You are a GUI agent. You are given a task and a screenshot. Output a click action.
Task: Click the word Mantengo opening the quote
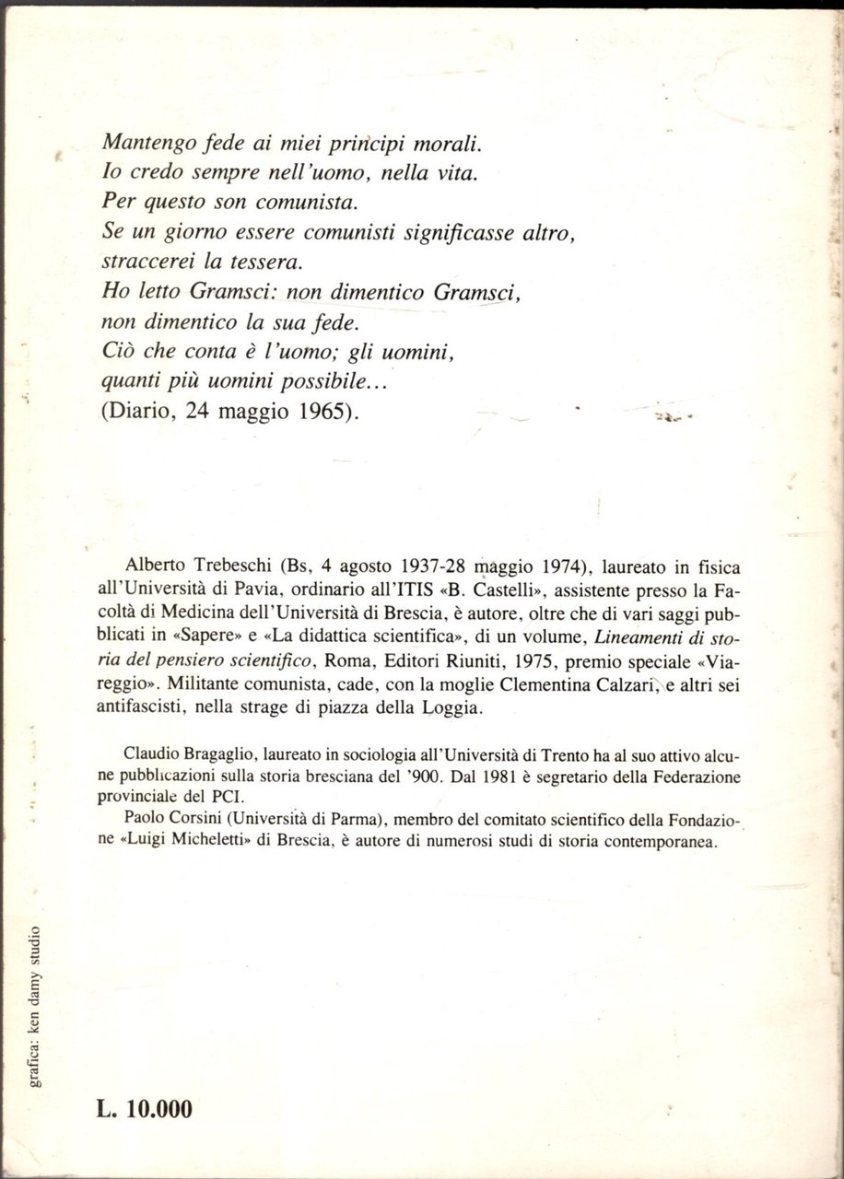coord(147,145)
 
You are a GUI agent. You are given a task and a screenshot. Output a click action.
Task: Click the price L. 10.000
coord(145,1110)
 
